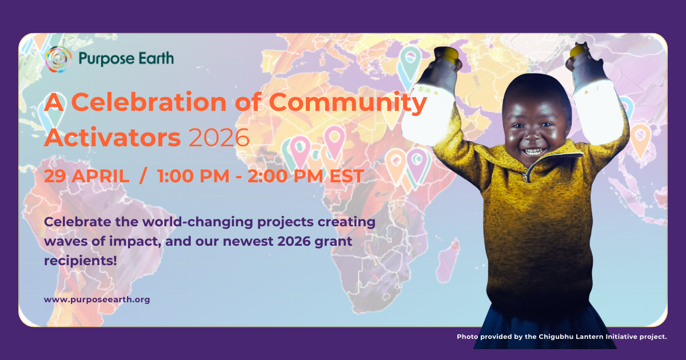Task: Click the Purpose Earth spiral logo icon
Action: click(x=58, y=59)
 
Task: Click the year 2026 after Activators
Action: click(x=219, y=137)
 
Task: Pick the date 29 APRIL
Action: click(x=86, y=176)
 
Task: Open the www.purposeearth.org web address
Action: click(x=97, y=299)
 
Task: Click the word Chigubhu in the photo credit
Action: click(x=556, y=337)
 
